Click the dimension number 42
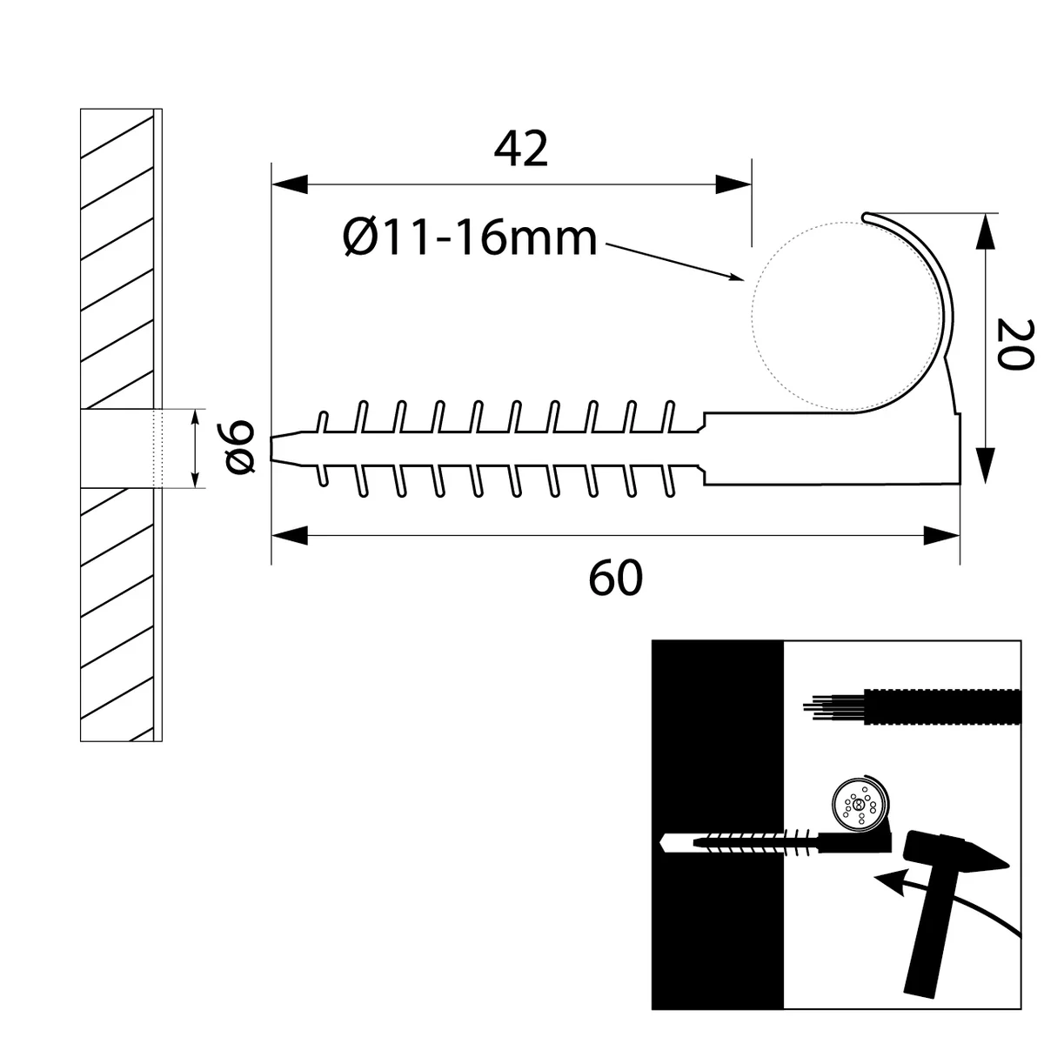[520, 149]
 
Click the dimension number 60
[615, 579]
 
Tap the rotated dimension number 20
[1014, 345]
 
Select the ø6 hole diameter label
[239, 447]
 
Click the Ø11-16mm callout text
[471, 238]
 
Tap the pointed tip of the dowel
[271, 447]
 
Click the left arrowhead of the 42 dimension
[290, 184]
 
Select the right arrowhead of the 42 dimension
[733, 184]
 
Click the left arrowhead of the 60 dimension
[290, 535]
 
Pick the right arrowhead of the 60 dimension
[941, 535]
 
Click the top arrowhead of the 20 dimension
[986, 232]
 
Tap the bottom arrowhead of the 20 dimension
[986, 465]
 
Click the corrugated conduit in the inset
[941, 706]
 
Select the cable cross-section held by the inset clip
[860, 820]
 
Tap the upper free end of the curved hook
[866, 217]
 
